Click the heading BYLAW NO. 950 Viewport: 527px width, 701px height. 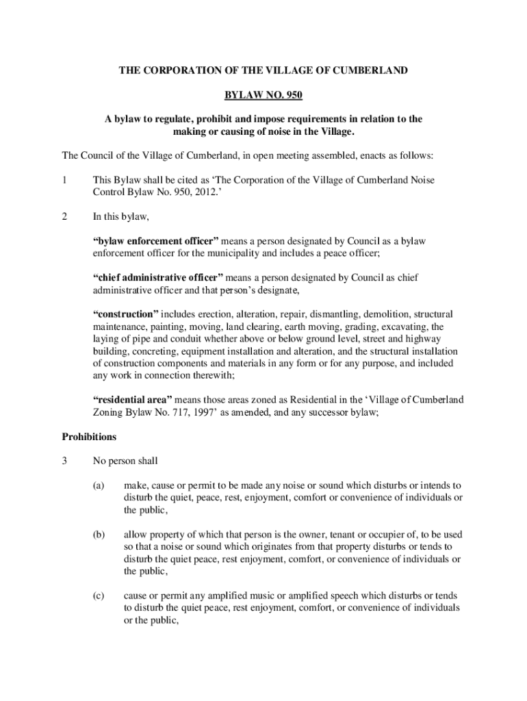click(x=263, y=94)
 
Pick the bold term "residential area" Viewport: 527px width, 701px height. click(x=132, y=400)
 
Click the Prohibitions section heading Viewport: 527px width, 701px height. click(x=89, y=436)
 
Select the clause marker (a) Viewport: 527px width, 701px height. click(x=99, y=485)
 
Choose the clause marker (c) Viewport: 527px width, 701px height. click(x=99, y=596)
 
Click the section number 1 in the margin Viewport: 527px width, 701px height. click(x=64, y=180)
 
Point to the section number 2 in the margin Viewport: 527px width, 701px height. click(x=64, y=217)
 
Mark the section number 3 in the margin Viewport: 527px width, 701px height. click(x=64, y=461)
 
